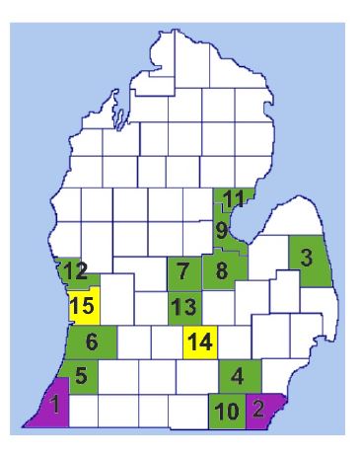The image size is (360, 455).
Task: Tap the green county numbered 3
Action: tap(307, 259)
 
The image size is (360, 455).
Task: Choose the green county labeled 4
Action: tap(238, 375)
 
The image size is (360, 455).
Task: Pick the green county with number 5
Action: tap(81, 375)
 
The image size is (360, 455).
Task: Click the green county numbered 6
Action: tap(91, 342)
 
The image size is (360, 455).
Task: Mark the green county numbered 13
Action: tap(181, 307)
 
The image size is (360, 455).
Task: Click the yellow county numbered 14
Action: tap(200, 342)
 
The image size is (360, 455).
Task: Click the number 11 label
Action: tap(233, 198)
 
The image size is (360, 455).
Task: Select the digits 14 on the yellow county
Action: tap(200, 342)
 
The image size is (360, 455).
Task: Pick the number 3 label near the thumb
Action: tap(307, 259)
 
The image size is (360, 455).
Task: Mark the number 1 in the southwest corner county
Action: tap(56, 404)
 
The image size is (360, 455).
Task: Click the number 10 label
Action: tap(225, 411)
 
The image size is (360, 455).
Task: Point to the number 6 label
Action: tap(91, 342)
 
